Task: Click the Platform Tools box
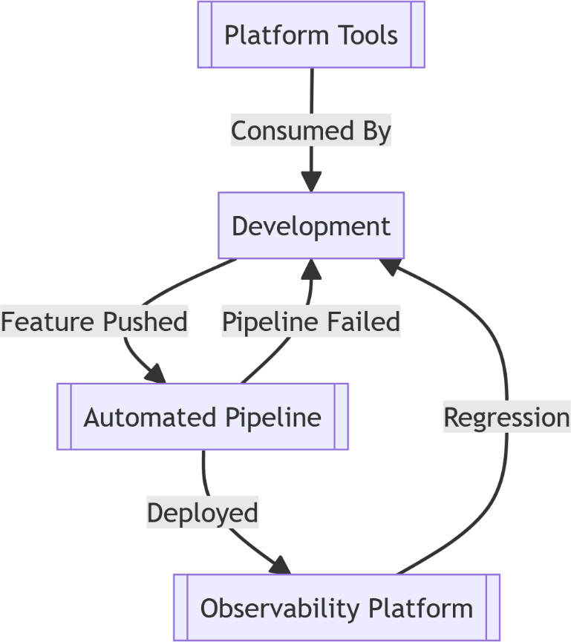coord(311,35)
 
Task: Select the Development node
coord(311,226)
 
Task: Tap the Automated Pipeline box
coord(203,416)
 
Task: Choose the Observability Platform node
coord(336,608)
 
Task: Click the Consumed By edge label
coord(311,131)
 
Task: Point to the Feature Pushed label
coord(94,322)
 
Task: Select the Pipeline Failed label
coord(311,322)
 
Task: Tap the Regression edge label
coord(506,417)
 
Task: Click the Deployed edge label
coord(203,513)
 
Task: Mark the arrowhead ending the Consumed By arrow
coord(311,183)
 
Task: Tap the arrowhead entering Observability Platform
coord(281,566)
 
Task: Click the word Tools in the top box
coord(365,35)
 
